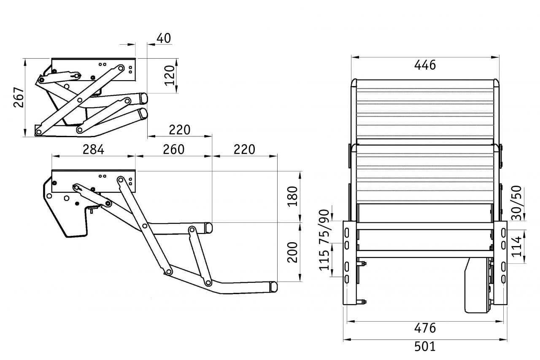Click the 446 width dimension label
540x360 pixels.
coord(425,65)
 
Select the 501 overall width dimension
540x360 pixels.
coord(424,346)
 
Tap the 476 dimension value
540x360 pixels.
coord(425,328)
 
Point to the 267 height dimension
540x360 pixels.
coord(18,97)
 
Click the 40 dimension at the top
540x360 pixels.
coord(164,38)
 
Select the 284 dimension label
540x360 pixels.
coord(93,149)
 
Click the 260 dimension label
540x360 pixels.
coord(173,149)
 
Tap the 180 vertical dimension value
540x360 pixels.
coord(293,195)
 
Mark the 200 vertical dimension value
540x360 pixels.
coord(293,252)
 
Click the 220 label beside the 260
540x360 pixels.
coord(244,149)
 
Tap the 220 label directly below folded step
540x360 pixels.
coord(180,130)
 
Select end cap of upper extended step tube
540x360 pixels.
coord(208,228)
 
